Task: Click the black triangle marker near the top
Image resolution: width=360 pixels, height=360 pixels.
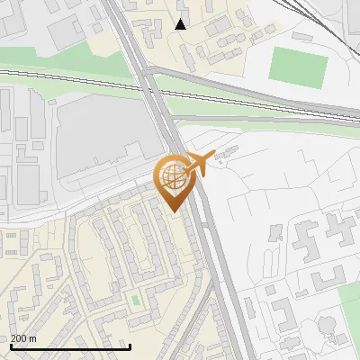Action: click(181, 24)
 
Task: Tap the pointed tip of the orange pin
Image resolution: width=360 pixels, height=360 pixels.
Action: click(175, 210)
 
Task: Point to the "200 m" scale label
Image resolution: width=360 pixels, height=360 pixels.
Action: click(23, 337)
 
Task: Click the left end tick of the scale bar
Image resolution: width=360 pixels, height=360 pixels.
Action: click(10, 346)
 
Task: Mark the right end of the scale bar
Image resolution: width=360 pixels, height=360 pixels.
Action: click(130, 346)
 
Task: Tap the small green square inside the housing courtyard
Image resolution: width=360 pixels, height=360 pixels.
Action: click(136, 300)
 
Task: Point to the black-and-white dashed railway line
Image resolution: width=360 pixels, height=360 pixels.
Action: click(72, 77)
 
